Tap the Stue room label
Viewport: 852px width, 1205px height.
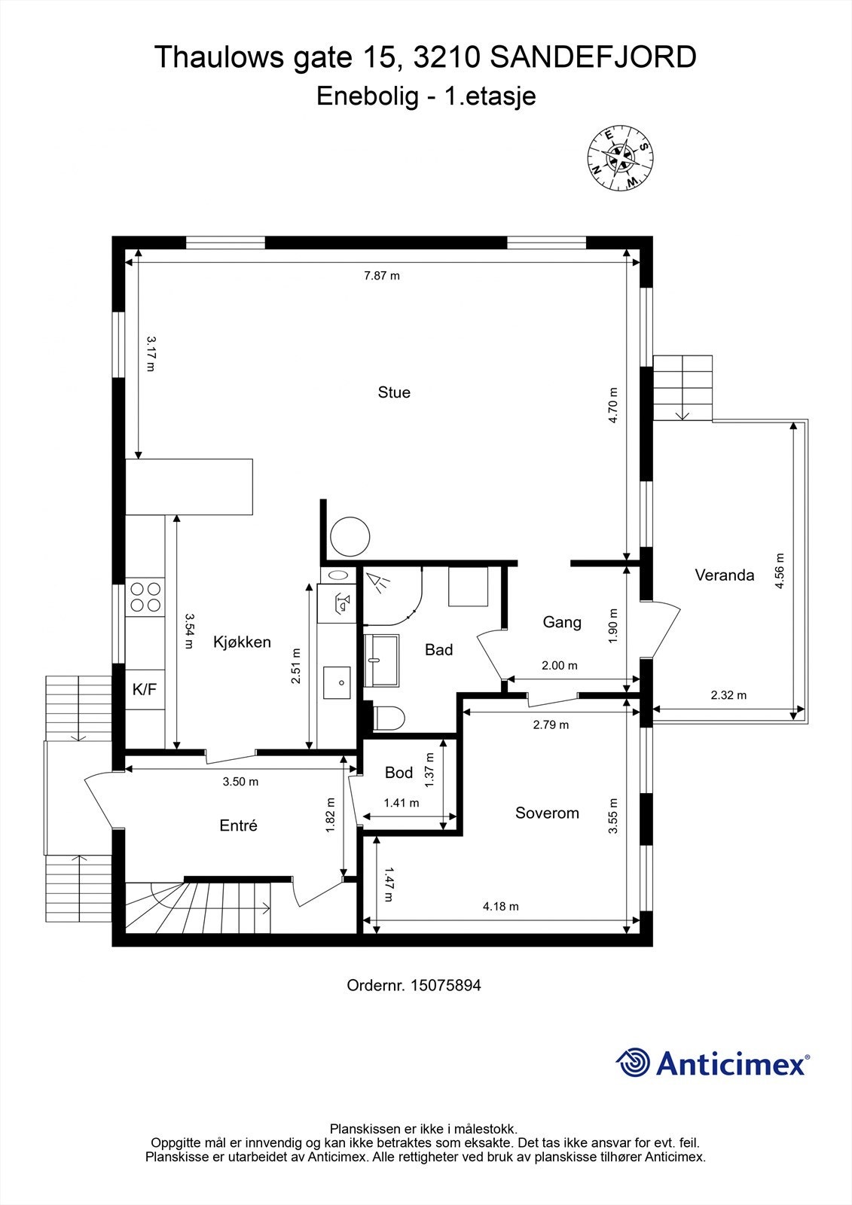[x=394, y=392]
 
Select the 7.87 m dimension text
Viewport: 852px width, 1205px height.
[x=382, y=276]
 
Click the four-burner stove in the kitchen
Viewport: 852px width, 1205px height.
[x=145, y=597]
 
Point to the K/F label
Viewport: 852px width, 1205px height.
[x=145, y=689]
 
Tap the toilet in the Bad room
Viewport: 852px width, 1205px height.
[x=389, y=718]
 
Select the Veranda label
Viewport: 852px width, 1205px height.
[x=724, y=575]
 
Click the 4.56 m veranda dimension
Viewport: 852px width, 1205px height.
[x=780, y=571]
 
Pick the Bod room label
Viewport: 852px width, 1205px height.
[x=399, y=773]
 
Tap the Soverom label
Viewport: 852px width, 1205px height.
[x=547, y=813]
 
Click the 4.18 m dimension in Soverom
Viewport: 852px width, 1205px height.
[x=500, y=907]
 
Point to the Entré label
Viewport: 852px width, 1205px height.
[x=238, y=825]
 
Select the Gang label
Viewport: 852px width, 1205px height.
[x=562, y=622]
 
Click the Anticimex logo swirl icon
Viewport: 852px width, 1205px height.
[x=633, y=1063]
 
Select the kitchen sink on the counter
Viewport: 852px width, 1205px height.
[x=337, y=682]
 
